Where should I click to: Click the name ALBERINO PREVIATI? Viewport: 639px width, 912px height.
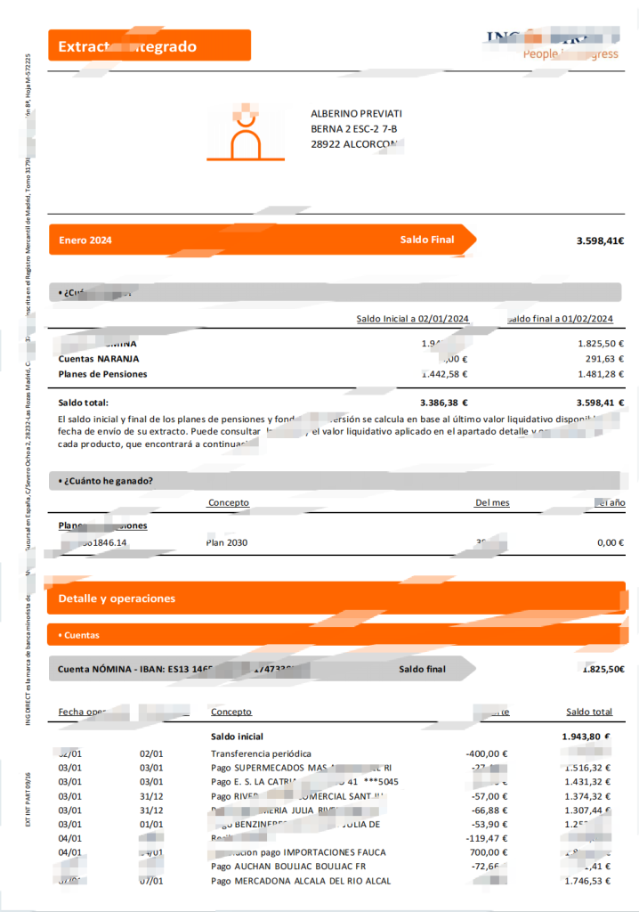point(356,114)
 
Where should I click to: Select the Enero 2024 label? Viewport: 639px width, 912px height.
point(85,240)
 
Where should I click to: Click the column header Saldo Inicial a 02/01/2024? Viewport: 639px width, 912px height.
point(412,319)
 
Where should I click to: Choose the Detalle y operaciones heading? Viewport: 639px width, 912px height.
point(117,598)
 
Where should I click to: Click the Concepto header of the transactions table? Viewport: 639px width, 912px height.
point(231,712)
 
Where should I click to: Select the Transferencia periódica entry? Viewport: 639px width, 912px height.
point(261,753)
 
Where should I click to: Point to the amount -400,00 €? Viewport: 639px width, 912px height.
point(486,753)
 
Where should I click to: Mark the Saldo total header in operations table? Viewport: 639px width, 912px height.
point(589,712)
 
